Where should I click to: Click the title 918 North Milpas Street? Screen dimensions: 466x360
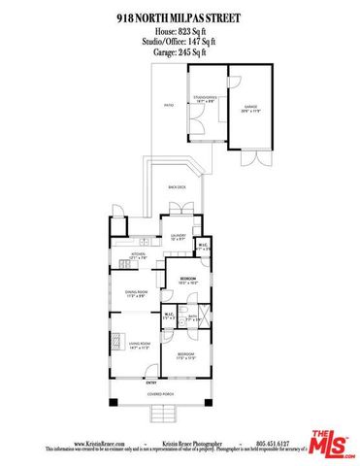[179, 17]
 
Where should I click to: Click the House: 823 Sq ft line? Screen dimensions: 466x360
[179, 31]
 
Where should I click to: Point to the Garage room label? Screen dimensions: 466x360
[250, 109]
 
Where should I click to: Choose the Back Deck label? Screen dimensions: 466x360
[176, 185]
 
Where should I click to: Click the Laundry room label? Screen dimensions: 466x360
[179, 235]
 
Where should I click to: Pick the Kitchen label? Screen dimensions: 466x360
[139, 256]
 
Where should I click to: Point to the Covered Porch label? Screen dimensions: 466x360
[160, 395]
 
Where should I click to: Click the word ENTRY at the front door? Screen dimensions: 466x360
[151, 383]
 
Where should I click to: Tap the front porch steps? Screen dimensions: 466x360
[161, 416]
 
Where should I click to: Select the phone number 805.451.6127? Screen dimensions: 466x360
[278, 444]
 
